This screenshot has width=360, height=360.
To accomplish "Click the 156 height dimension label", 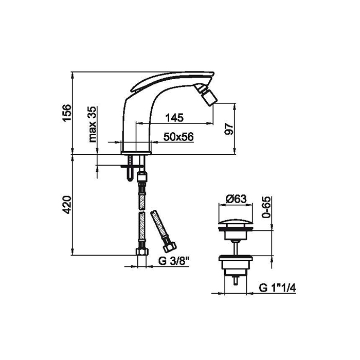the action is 66,113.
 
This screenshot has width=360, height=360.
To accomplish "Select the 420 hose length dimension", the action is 66,205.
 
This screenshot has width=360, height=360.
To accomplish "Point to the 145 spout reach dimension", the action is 174,118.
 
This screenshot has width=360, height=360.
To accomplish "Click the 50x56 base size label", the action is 178,137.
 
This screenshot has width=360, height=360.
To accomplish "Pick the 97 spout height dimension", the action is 229,129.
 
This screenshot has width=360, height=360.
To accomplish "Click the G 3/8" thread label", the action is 174,261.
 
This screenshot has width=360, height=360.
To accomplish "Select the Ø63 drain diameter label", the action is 236,199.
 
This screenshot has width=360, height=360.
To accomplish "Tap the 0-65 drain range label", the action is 266,207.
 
